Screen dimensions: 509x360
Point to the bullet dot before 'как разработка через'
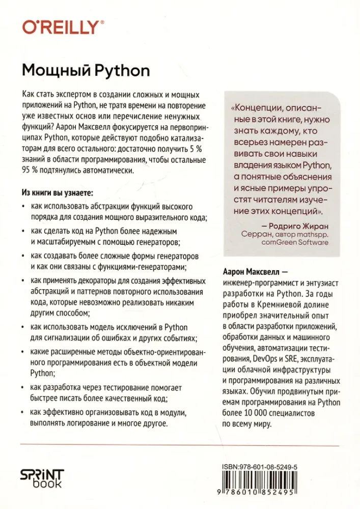pos(24,387)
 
